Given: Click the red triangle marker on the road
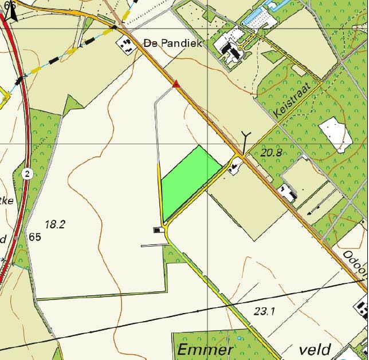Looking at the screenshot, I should coord(176,85).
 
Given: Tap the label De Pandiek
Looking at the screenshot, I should coord(173,43).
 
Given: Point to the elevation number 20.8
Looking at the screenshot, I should coord(272,153).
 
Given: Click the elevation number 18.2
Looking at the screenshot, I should coord(55,224).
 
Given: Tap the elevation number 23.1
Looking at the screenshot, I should coord(265,311).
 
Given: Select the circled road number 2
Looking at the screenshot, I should coord(27,173).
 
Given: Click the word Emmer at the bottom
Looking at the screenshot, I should coord(205,350).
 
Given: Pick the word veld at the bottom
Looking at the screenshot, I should coord(315,349).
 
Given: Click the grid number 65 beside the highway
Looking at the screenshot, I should coord(34,237).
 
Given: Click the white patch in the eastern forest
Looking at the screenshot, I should coord(336,134).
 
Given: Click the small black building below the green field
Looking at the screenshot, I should coord(157,230).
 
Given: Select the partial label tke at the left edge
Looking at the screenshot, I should coord(7,201).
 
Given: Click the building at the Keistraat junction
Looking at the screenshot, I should coord(234,167).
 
